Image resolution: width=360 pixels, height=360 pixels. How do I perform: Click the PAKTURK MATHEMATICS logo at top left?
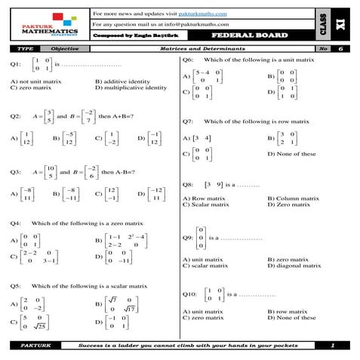[48, 26]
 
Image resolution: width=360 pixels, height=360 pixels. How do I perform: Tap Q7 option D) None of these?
[291, 154]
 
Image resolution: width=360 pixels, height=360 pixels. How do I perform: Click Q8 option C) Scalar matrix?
[206, 204]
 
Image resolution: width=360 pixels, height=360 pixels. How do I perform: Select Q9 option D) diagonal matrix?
[294, 266]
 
